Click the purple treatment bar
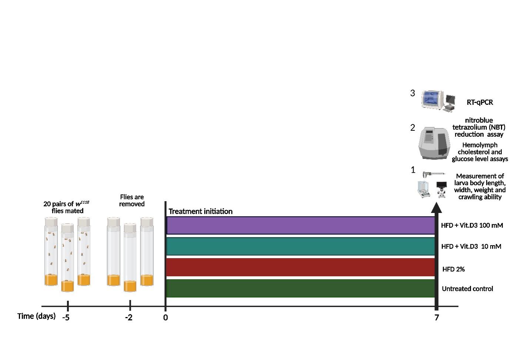(300, 226)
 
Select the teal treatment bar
(300, 246)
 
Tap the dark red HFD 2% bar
(300, 267)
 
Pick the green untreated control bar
(300, 288)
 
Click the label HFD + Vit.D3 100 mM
(472, 225)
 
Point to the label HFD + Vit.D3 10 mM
(471, 246)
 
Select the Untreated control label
(467, 289)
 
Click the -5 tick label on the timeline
(66, 318)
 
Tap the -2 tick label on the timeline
(128, 318)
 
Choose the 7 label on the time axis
(437, 318)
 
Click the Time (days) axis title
(36, 316)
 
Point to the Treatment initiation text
(200, 211)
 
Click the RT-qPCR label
(479, 102)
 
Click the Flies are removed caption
(132, 200)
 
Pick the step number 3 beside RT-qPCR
(412, 93)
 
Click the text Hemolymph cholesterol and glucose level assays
(479, 152)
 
